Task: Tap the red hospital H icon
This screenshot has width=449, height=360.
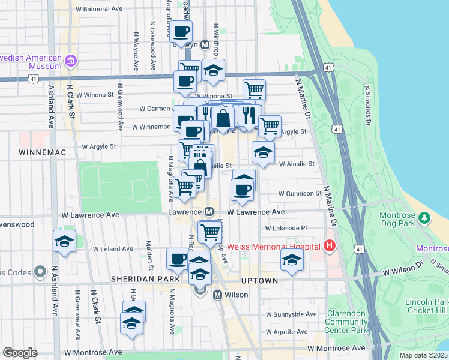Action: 328,245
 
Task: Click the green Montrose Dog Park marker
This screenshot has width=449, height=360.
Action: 425,217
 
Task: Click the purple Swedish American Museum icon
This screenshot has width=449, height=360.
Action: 71,61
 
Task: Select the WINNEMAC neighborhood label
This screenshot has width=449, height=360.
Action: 41,153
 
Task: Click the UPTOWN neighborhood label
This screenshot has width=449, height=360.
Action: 259,280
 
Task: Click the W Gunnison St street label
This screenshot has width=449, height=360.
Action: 300,194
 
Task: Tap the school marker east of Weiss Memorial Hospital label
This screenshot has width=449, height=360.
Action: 292,260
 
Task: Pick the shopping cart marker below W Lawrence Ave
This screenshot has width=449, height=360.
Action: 210,231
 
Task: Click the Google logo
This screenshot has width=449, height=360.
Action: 20,353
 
